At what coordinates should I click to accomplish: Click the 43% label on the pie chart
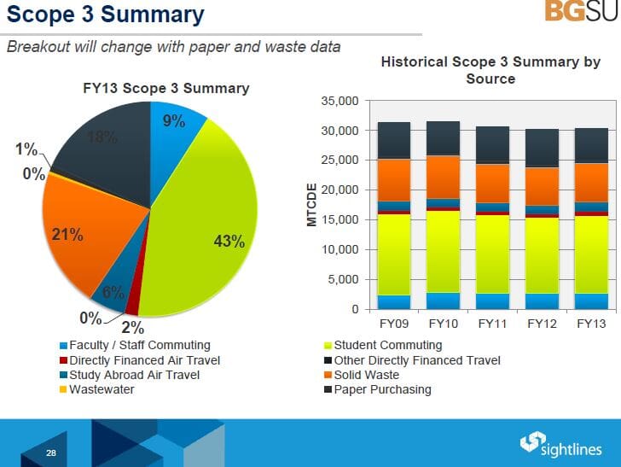click(229, 242)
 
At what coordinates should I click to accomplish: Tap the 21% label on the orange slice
click(67, 235)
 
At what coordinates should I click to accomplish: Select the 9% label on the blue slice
click(174, 121)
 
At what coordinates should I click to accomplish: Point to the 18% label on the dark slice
click(102, 137)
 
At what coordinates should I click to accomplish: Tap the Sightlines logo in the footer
click(560, 444)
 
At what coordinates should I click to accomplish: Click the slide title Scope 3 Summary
click(106, 15)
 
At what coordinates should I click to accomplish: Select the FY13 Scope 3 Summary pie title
click(165, 88)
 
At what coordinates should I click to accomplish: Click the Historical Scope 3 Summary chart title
click(490, 70)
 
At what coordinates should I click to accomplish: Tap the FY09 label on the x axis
click(393, 324)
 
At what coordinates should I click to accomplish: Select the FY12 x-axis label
click(542, 324)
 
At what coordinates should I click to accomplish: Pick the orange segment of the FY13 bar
click(591, 182)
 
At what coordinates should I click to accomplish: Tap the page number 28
click(51, 453)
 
